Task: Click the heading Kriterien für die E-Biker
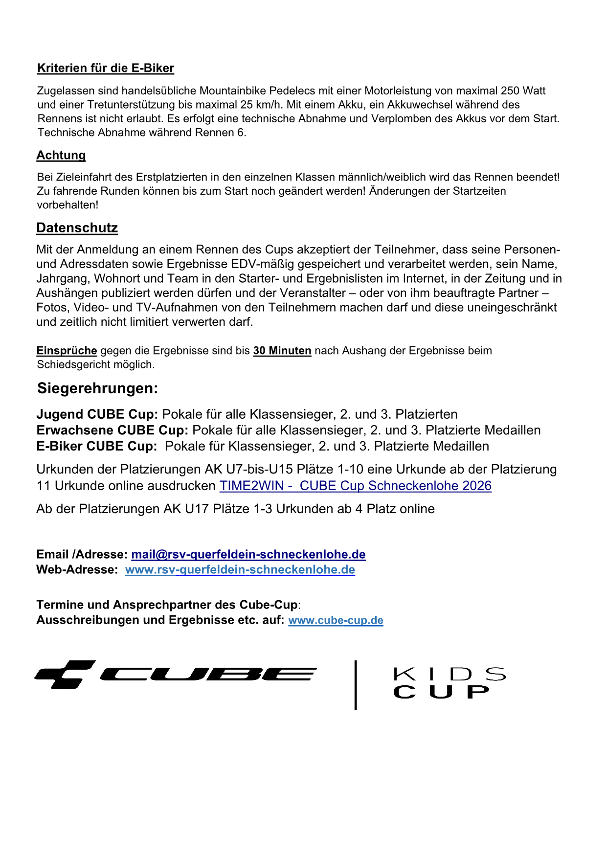click(106, 68)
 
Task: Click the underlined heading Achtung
click(61, 155)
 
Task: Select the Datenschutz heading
click(77, 228)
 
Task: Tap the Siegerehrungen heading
click(98, 388)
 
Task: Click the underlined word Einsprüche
click(67, 351)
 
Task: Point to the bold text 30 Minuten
click(282, 351)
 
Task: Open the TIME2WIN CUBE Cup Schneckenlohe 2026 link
click(356, 486)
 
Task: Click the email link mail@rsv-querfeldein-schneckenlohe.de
click(248, 554)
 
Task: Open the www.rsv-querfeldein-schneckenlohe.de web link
click(240, 570)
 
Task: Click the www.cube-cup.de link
click(336, 620)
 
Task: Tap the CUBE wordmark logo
click(208, 675)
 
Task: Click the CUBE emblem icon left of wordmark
click(65, 675)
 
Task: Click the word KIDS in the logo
click(449, 674)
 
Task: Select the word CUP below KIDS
click(441, 692)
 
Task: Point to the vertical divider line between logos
click(356, 684)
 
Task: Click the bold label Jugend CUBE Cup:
click(97, 414)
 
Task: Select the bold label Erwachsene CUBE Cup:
click(112, 430)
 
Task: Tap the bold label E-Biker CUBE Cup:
click(97, 446)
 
